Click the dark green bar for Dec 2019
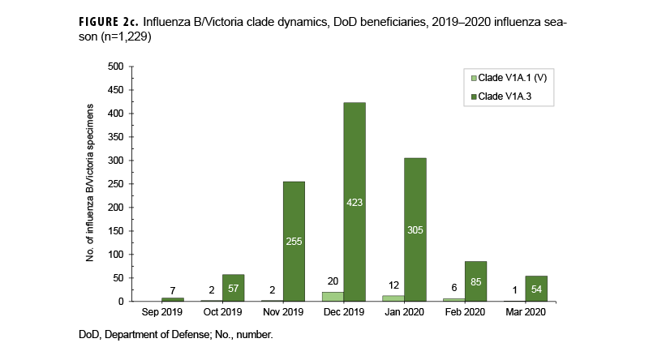click(x=355, y=202)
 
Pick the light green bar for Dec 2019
click(x=333, y=297)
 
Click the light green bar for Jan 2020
click(x=393, y=298)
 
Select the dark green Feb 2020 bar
click(x=475, y=281)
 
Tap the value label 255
click(x=294, y=241)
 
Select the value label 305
click(x=415, y=229)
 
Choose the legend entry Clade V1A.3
click(x=505, y=96)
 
